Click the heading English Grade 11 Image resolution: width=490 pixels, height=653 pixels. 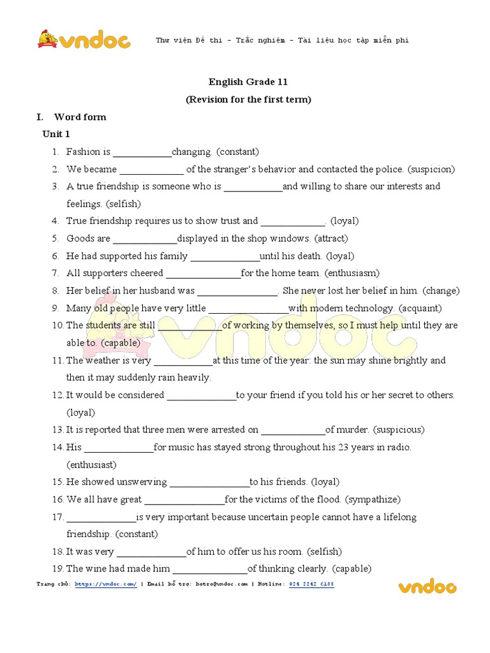pyautogui.click(x=248, y=82)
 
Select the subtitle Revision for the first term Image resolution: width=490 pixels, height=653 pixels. pyautogui.click(x=248, y=99)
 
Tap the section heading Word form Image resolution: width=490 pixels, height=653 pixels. pyautogui.click(x=80, y=117)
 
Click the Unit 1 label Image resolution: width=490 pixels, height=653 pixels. pyautogui.click(x=56, y=134)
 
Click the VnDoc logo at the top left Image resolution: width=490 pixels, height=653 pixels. pyautogui.click(x=84, y=40)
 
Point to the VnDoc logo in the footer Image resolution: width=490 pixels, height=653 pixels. pyautogui.click(x=427, y=585)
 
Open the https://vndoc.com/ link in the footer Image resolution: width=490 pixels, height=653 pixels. pyautogui.click(x=105, y=583)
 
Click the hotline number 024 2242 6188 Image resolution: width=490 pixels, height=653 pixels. pyautogui.click(x=311, y=583)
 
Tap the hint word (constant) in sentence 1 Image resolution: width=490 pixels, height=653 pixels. pyautogui.click(x=237, y=152)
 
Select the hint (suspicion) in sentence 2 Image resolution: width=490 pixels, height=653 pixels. pyautogui.click(x=431, y=169)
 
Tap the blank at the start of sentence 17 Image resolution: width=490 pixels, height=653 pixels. pyautogui.click(x=101, y=517)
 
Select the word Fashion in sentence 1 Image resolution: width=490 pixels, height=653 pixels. pyautogui.click(x=84, y=152)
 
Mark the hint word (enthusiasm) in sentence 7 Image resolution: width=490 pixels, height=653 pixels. pyautogui.click(x=352, y=273)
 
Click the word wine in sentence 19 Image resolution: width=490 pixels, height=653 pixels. pyautogui.click(x=94, y=569)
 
